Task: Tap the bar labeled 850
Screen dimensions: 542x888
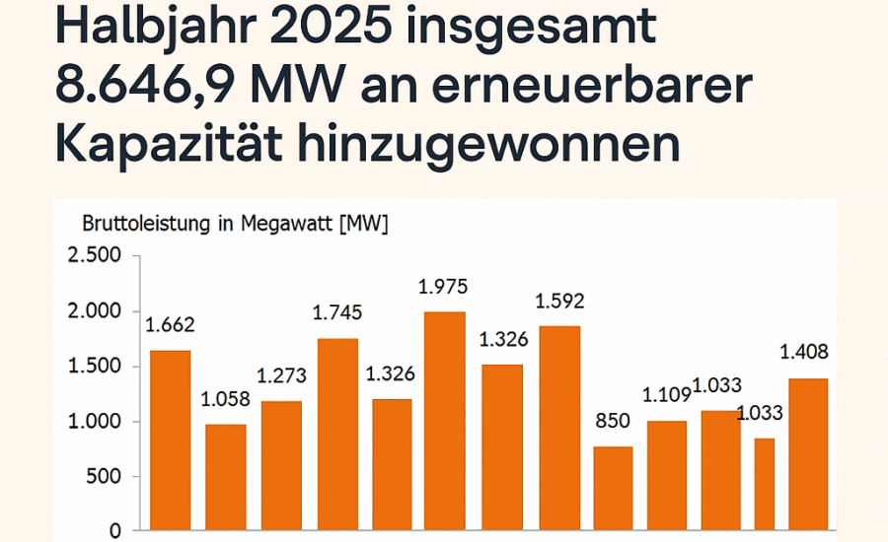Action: click(613, 488)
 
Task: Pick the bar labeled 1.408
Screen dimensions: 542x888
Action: click(807, 454)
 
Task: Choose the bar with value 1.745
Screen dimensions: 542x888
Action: click(337, 434)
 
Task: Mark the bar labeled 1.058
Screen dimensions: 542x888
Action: click(226, 477)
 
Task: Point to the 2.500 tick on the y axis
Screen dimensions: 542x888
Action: click(94, 256)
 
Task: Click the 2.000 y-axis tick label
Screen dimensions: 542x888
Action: click(94, 311)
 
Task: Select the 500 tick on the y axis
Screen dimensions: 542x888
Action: click(103, 477)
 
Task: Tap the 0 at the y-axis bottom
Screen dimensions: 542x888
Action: click(115, 531)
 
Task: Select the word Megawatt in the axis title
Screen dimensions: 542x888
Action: click(295, 224)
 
